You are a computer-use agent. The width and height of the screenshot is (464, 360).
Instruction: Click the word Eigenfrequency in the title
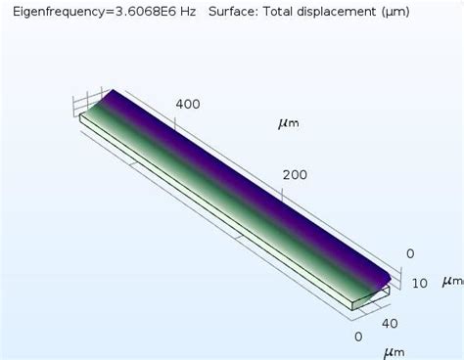tap(55, 12)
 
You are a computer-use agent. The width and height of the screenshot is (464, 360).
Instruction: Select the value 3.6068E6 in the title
tap(142, 12)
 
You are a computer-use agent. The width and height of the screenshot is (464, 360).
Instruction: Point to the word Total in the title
tap(283, 12)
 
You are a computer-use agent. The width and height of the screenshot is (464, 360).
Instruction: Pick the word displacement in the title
tap(342, 12)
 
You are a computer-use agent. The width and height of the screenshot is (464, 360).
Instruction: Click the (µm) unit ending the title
tap(397, 12)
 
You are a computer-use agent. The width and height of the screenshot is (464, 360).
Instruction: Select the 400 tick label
tap(188, 105)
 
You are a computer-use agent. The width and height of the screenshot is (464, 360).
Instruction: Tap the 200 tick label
tap(295, 175)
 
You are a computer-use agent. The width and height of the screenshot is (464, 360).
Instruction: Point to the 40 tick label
tap(389, 324)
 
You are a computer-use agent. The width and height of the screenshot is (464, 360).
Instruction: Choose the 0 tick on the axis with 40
tap(358, 337)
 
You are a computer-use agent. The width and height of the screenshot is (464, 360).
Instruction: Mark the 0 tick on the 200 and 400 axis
tap(410, 253)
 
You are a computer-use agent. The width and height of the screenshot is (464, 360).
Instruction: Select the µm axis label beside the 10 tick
tap(452, 281)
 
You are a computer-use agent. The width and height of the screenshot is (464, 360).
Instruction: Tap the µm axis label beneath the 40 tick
tap(393, 351)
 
